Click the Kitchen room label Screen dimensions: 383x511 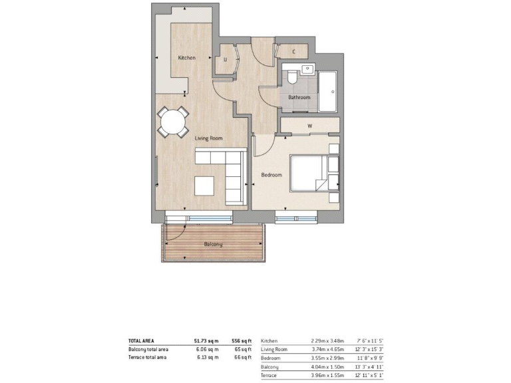point(187,59)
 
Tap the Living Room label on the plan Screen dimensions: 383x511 point(208,138)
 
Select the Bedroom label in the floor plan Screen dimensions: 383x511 point(271,175)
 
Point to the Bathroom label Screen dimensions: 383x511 point(299,98)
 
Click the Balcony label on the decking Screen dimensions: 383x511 point(213,245)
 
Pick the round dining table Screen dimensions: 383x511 point(172,122)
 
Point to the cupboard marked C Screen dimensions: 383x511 point(294,51)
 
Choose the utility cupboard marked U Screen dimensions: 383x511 point(225,60)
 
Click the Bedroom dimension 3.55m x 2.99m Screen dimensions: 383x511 point(327,358)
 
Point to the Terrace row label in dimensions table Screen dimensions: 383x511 point(269,376)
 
